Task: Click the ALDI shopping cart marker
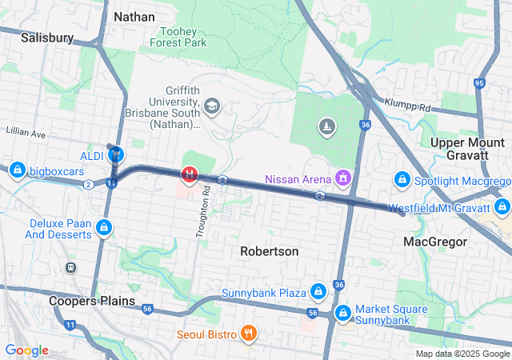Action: tap(117, 154)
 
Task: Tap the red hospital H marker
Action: tap(190, 173)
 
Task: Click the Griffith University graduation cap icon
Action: tap(212, 106)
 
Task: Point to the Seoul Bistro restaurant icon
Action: tap(249, 332)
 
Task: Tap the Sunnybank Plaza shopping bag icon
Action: tap(318, 291)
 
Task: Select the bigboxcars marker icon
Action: tap(17, 170)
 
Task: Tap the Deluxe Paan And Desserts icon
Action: tap(103, 229)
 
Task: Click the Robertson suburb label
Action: tap(270, 251)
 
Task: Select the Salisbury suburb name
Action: tap(47, 38)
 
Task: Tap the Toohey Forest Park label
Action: tap(178, 35)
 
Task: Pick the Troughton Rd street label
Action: tap(203, 212)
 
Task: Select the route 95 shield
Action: tap(479, 82)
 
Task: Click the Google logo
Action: tap(26, 350)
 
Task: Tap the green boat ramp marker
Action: tap(326, 126)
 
